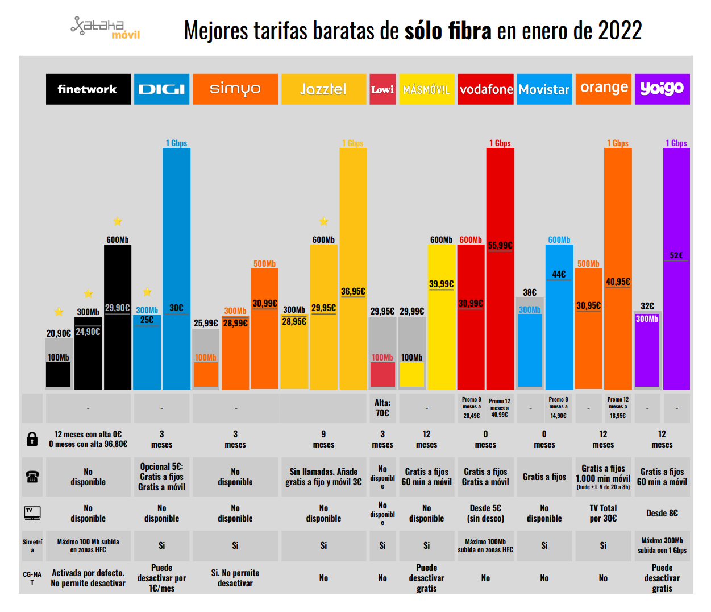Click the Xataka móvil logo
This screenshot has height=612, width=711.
pyautogui.click(x=106, y=27)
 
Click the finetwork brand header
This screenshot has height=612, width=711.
pyautogui.click(x=88, y=89)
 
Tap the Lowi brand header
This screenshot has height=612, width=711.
pyautogui.click(x=382, y=89)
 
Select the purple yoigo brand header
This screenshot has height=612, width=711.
pyautogui.click(x=662, y=89)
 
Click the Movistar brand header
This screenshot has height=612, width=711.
pyautogui.click(x=544, y=89)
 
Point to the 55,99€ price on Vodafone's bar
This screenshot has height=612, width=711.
pyautogui.click(x=500, y=246)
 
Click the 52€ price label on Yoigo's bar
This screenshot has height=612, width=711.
pyautogui.click(x=676, y=255)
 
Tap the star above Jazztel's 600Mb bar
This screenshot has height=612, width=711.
pyautogui.click(x=323, y=221)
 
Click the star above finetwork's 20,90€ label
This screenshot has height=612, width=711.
pyautogui.click(x=59, y=312)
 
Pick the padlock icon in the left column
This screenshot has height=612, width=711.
pyautogui.click(x=32, y=439)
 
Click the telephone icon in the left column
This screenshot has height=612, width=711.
pyautogui.click(x=32, y=477)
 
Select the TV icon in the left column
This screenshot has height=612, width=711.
pyautogui.click(x=32, y=513)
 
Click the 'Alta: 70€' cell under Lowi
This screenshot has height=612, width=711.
pyautogui.click(x=382, y=408)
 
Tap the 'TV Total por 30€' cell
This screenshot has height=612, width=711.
pyautogui.click(x=603, y=513)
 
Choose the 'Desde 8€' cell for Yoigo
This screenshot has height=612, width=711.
pyautogui.click(x=662, y=513)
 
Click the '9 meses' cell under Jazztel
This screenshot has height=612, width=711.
pyautogui.click(x=323, y=439)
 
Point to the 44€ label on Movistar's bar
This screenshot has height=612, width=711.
pyautogui.click(x=559, y=274)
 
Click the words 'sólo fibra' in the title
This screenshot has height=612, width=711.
pyautogui.click(x=448, y=31)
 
